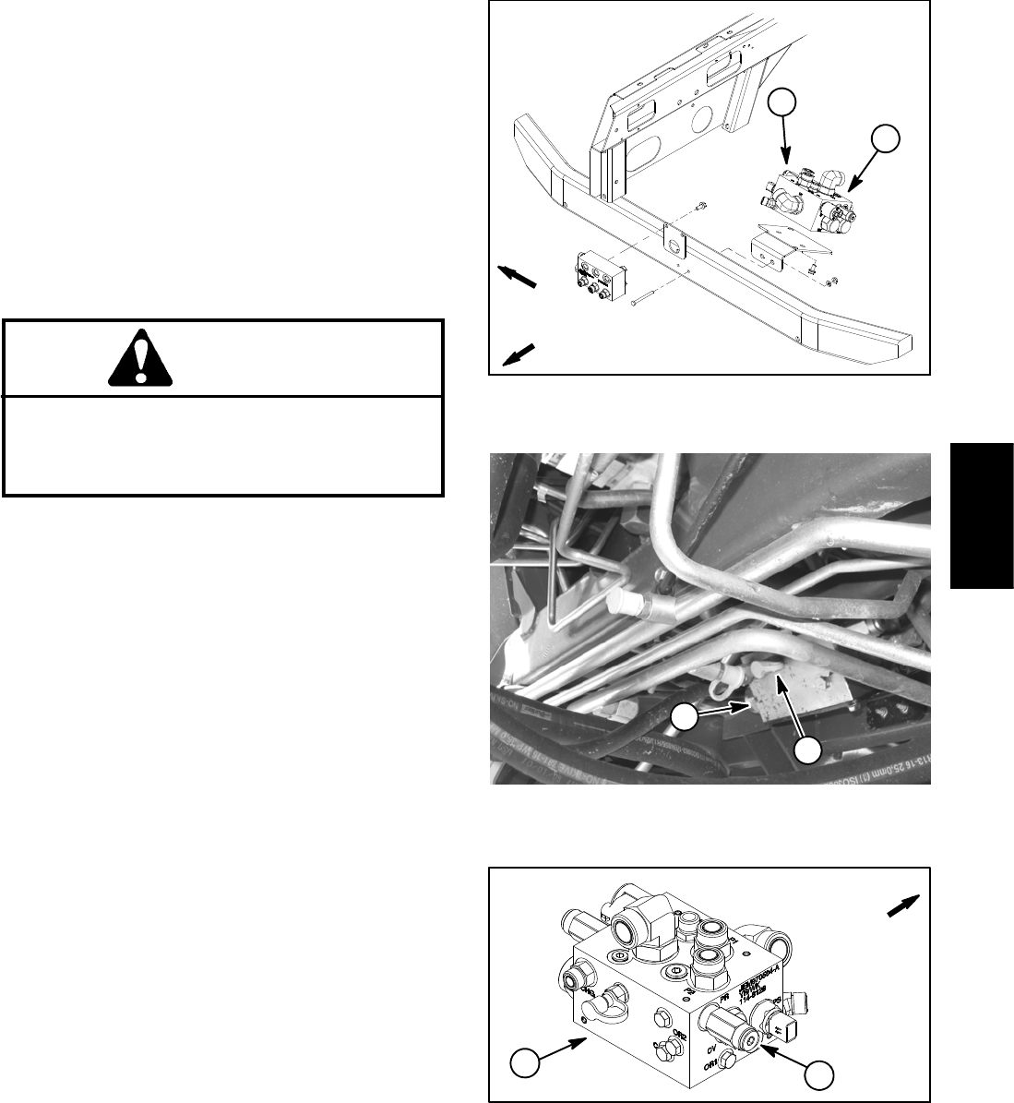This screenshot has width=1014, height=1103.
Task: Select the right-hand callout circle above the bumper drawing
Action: (x=885, y=141)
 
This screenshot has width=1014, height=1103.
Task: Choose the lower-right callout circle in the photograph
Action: (x=810, y=749)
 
